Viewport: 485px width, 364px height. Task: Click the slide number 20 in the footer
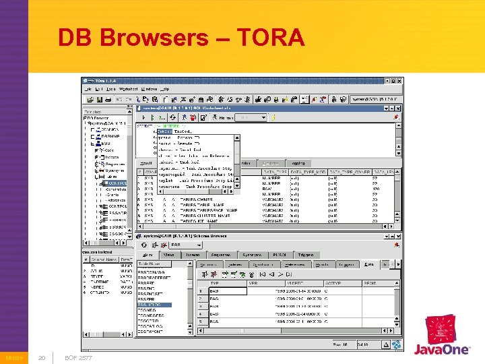[41, 357]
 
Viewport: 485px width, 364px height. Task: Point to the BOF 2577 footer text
[79, 357]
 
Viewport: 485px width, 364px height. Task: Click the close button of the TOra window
[399, 80]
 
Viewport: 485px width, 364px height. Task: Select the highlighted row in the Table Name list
[154, 305]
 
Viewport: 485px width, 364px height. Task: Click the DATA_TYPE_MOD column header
[308, 172]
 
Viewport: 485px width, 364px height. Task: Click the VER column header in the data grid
[253, 284]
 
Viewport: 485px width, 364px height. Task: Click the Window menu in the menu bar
[150, 88]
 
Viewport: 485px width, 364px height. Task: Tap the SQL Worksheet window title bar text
[195, 108]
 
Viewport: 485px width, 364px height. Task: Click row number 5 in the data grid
[200, 322]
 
